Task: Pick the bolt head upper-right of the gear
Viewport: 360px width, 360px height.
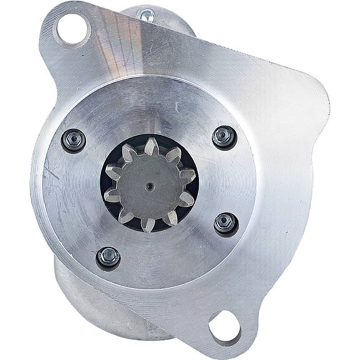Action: click(224, 137)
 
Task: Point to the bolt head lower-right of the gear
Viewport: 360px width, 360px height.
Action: click(226, 222)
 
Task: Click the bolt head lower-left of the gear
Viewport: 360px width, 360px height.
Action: click(109, 256)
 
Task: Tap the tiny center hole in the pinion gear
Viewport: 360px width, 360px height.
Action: click(150, 186)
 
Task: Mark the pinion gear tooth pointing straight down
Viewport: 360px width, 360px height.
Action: click(148, 223)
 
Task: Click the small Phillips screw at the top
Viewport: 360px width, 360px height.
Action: click(148, 17)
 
